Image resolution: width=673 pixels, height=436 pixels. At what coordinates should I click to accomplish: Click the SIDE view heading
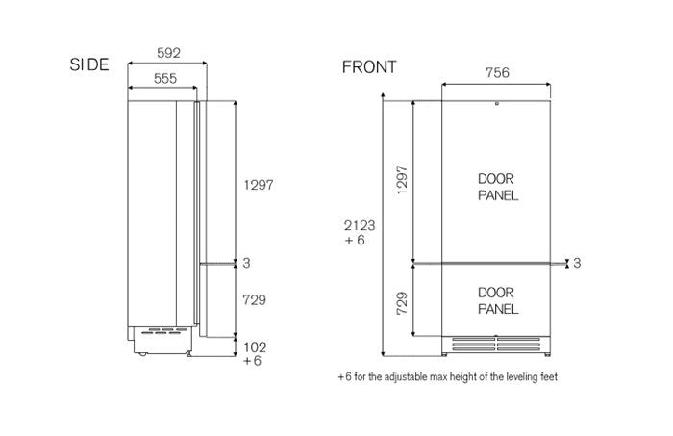pyautogui.click(x=89, y=64)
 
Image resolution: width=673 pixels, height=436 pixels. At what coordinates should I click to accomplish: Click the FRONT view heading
pyautogui.click(x=369, y=67)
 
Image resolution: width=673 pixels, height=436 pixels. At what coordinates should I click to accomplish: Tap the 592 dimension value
pyautogui.click(x=168, y=53)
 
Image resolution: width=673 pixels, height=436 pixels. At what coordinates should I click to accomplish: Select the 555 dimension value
pyautogui.click(x=165, y=78)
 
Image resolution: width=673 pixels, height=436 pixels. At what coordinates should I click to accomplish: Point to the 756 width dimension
pyautogui.click(x=497, y=72)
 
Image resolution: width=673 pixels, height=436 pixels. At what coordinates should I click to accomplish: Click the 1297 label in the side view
pyautogui.click(x=259, y=185)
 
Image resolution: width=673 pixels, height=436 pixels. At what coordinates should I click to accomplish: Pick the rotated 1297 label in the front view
pyautogui.click(x=402, y=180)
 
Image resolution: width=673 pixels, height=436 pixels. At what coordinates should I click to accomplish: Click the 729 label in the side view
pyautogui.click(x=254, y=300)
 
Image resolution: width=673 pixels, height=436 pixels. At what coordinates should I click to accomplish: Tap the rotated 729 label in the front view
pyautogui.click(x=402, y=303)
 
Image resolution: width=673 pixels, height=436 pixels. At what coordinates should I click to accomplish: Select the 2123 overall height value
pyautogui.click(x=360, y=225)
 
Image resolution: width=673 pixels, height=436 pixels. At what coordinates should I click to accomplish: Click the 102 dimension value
pyautogui.click(x=255, y=347)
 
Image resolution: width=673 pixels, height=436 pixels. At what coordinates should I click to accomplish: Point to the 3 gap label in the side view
pyautogui.click(x=246, y=263)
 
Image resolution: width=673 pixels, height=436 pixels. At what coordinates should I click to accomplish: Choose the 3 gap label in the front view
pyautogui.click(x=577, y=263)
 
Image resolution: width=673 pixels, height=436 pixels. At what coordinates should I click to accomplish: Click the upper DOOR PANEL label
pyautogui.click(x=498, y=188)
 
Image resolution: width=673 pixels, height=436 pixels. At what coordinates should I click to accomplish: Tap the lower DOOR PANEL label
pyautogui.click(x=498, y=300)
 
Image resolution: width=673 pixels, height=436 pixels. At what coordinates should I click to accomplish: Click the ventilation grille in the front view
pyautogui.click(x=496, y=344)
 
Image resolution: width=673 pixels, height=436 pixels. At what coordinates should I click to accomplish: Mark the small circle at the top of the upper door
pyautogui.click(x=497, y=104)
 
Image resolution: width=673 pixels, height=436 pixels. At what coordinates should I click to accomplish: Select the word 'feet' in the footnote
pyautogui.click(x=549, y=377)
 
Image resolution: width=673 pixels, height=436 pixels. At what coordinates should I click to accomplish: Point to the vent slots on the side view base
pyautogui.click(x=164, y=331)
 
